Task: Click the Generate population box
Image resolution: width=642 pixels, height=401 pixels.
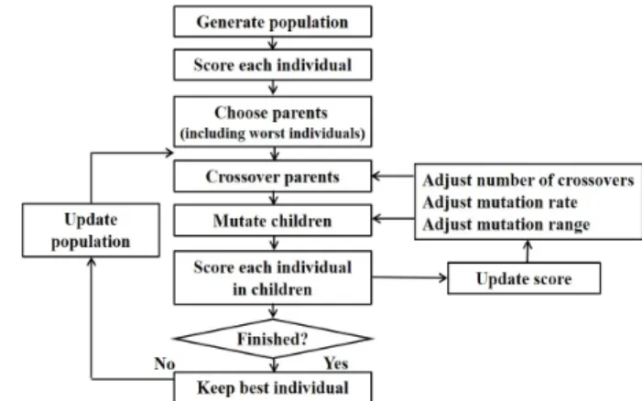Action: click(273, 22)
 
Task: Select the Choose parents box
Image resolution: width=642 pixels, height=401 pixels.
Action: click(273, 122)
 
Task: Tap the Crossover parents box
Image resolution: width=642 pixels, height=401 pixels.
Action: click(273, 176)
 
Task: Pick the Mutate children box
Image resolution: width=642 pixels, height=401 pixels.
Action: click(273, 221)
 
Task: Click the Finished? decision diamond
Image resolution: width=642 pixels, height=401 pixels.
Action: click(273, 339)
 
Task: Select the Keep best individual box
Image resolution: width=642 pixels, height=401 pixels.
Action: click(273, 386)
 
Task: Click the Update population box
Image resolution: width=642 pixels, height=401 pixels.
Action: click(91, 231)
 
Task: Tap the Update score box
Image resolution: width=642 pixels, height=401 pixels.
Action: click(524, 278)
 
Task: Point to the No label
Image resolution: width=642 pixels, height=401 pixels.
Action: click(165, 363)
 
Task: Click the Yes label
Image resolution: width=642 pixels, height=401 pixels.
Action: click(336, 363)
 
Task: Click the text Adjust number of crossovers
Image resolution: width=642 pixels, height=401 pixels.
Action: click(528, 180)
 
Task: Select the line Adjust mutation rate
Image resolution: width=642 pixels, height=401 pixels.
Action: click(500, 202)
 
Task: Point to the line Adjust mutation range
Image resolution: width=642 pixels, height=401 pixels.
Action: click(506, 224)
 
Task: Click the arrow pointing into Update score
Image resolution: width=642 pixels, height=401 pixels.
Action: click(409, 277)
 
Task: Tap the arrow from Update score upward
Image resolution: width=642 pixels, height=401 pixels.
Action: click(528, 251)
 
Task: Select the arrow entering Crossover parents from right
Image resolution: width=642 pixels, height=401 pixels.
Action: click(393, 176)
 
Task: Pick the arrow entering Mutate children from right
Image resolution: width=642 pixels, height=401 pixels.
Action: click(393, 219)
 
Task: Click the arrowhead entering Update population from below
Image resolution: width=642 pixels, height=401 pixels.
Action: click(92, 262)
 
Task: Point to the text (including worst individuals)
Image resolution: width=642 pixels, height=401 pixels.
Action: click(273, 134)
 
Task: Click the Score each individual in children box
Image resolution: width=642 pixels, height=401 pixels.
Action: click(273, 277)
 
